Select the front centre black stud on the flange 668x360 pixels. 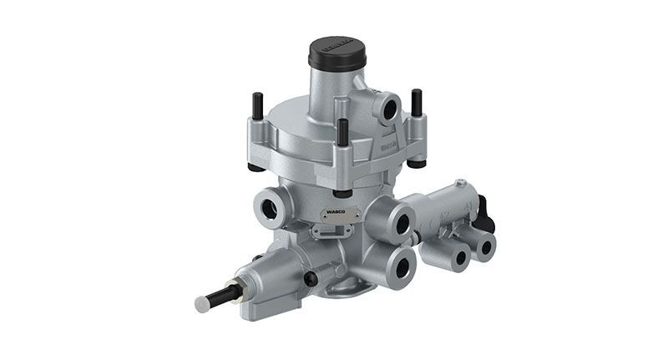tap(342, 133)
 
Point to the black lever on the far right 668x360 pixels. tap(485, 214)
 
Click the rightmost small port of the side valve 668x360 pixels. tap(483, 246)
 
